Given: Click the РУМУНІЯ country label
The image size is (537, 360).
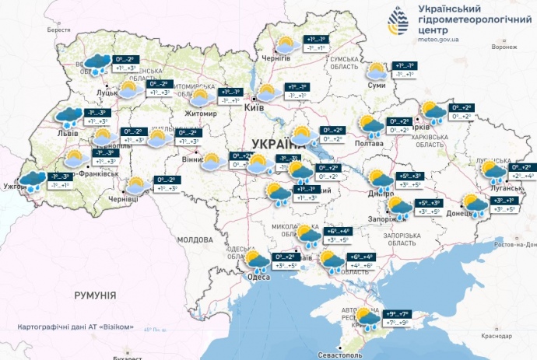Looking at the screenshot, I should [x=95, y=295].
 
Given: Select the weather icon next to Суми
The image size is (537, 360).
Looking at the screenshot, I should [x=377, y=72].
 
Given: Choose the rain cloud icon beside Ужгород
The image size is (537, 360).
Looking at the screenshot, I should [x=32, y=181].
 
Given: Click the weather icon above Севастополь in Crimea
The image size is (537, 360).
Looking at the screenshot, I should [x=368, y=317].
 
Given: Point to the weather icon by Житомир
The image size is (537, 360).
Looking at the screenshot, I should [x=201, y=97].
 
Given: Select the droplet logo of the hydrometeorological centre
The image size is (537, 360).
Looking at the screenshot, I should [x=398, y=22].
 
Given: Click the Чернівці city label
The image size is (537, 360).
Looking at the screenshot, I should [x=122, y=200].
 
